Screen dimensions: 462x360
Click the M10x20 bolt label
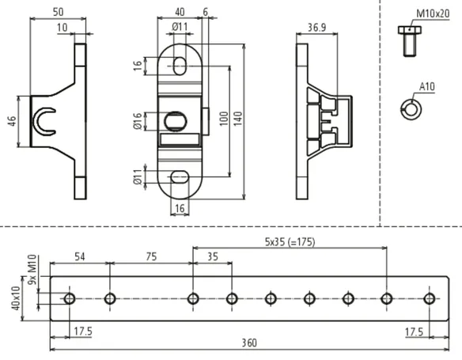(x=433, y=14)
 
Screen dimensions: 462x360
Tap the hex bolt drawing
(x=410, y=41)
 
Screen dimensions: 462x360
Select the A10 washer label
(x=426, y=87)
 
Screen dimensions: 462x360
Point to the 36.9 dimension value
(x=316, y=28)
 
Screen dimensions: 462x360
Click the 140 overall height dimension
(x=239, y=119)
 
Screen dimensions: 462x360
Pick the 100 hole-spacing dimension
(x=224, y=119)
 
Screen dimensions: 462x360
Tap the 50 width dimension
(x=58, y=12)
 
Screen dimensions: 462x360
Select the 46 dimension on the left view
(x=12, y=121)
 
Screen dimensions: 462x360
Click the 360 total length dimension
(x=249, y=343)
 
